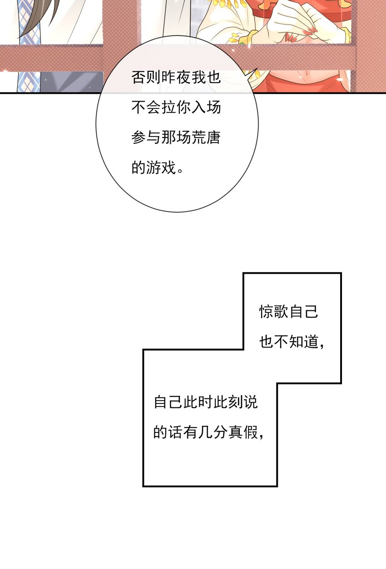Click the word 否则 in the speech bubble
pyautogui.click(x=147, y=77)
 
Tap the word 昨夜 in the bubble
pyautogui.click(x=176, y=77)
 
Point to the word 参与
pyautogui.click(x=147, y=137)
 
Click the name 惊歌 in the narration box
pyautogui.click(x=274, y=312)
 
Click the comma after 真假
pyautogui.click(x=262, y=436)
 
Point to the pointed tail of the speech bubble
pyautogui.click(x=254, y=73)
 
